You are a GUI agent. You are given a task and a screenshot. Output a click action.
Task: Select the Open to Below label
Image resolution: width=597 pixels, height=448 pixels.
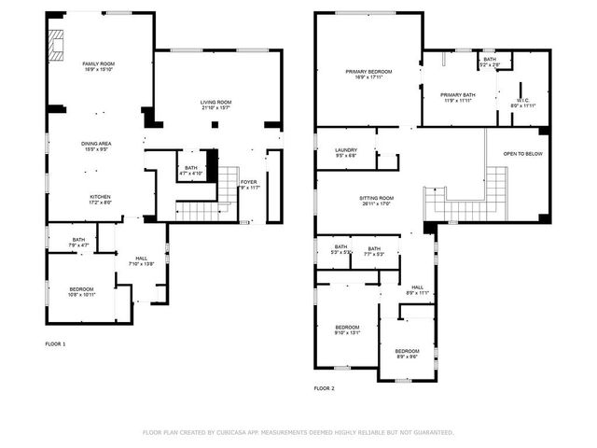[521, 153]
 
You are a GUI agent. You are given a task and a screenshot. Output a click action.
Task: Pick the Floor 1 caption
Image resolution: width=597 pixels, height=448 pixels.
[56, 344]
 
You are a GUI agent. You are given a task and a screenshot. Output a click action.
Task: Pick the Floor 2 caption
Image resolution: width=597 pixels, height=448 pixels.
[324, 387]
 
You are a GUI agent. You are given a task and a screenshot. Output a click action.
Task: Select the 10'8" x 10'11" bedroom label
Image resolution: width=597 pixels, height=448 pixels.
[81, 292]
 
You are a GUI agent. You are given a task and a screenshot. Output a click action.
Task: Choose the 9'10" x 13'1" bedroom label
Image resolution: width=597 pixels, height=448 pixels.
[348, 329]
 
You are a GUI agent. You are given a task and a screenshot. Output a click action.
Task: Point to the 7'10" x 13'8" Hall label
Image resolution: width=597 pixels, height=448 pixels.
[141, 261]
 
